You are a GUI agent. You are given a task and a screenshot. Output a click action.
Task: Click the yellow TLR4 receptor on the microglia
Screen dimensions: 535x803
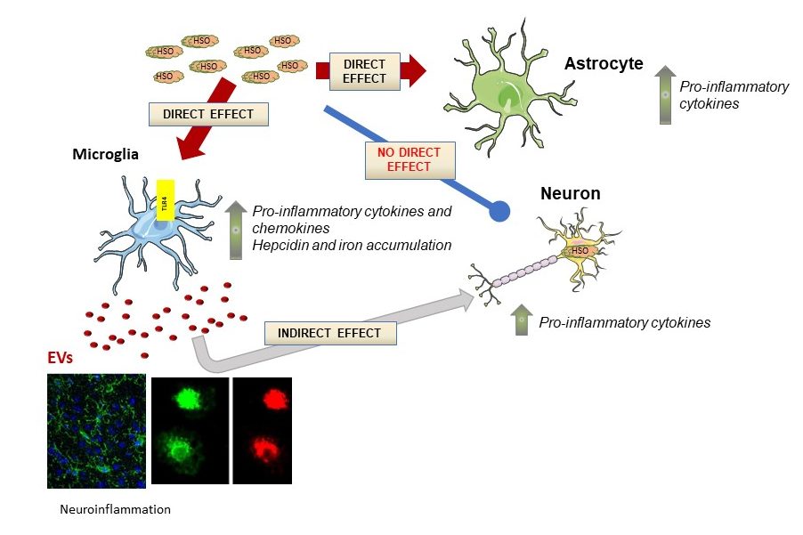pos(164,199)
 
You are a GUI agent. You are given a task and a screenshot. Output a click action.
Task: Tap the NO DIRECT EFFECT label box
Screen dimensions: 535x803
pos(410,159)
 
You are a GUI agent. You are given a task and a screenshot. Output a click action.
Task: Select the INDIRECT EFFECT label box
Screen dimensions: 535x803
pos(329,333)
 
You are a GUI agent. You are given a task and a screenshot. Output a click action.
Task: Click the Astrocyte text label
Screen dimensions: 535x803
pos(604,64)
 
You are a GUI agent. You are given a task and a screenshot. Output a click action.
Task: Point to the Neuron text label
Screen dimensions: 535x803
pos(571,193)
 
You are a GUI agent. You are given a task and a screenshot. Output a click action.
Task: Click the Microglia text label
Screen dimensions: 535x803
pos(105,155)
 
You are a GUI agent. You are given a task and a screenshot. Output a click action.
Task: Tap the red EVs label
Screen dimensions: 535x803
pos(61,359)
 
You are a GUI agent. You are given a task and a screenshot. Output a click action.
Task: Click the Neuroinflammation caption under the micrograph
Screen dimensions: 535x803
pos(115,510)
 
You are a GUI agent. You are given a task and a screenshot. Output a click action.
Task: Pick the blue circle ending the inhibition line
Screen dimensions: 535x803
pos(499,211)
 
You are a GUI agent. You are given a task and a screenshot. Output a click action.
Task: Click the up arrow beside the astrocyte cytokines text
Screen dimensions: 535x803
pos(663,94)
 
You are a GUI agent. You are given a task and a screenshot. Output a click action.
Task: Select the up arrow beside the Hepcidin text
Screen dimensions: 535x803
pos(236,231)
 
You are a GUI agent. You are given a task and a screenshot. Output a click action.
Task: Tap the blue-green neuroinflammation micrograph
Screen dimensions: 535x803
pos(96,431)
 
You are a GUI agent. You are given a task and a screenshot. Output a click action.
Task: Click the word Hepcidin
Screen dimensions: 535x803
pos(277,245)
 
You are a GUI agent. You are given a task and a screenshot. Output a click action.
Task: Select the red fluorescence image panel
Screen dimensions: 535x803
pos(264,431)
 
